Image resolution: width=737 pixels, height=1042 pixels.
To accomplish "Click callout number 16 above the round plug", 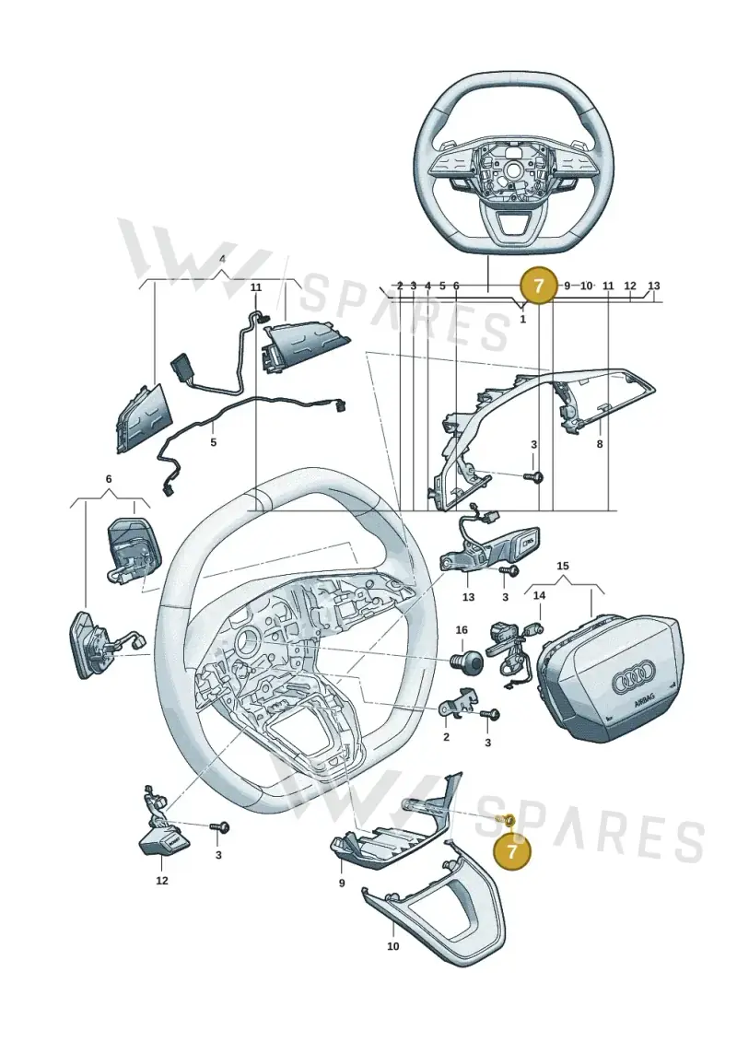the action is [x=462, y=629].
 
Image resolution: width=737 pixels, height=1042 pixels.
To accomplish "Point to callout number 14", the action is [x=539, y=595].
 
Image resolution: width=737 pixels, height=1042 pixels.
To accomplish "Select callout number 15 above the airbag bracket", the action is [x=562, y=567].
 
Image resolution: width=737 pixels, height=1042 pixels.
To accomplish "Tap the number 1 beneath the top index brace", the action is [x=522, y=319].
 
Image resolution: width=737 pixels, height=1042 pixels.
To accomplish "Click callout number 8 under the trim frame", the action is [x=600, y=444].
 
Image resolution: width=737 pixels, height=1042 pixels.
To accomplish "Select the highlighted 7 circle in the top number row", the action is [x=539, y=286].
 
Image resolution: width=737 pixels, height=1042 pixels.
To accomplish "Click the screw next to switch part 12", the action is [x=220, y=826].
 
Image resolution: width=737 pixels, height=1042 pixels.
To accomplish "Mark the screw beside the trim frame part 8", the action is [x=533, y=476].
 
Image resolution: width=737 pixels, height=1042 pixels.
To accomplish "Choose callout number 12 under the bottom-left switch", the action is [x=162, y=881].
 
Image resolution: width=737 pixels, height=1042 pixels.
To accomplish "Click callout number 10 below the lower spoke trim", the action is [x=392, y=945].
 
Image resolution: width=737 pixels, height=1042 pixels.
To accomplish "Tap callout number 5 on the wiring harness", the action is [x=214, y=441].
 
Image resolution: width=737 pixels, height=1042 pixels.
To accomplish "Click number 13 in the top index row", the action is [x=654, y=286].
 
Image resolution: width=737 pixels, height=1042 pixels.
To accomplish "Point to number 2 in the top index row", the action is [x=400, y=286].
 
